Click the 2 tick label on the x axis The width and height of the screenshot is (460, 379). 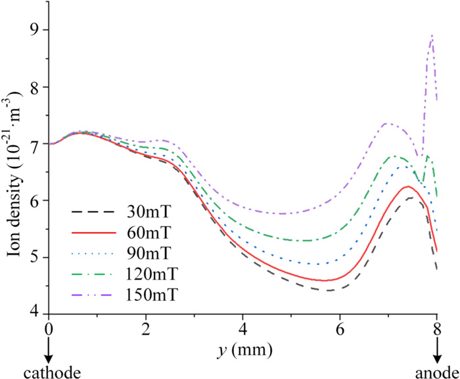[146, 327]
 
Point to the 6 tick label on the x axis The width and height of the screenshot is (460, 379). [340, 327]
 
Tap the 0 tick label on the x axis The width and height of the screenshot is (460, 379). [49, 327]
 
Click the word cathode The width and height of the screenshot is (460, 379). [52, 372]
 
